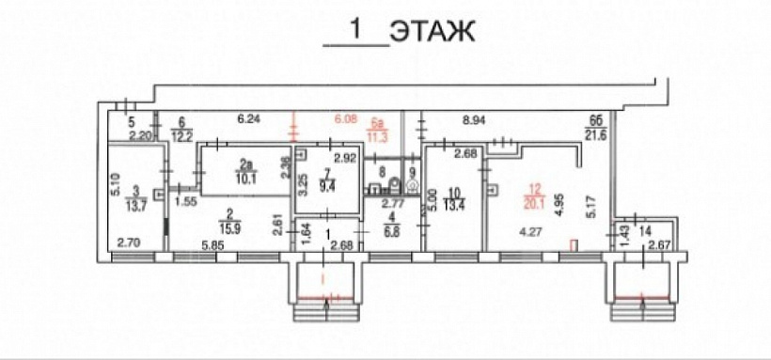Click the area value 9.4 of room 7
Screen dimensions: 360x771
pyautogui.click(x=327, y=186)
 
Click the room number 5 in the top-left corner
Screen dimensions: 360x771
pyautogui.click(x=132, y=122)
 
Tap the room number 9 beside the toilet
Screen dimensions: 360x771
pyautogui.click(x=411, y=171)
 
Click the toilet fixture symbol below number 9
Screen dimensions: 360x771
pyautogui.click(x=411, y=185)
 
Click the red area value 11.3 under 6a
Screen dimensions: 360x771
pyautogui.click(x=378, y=135)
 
